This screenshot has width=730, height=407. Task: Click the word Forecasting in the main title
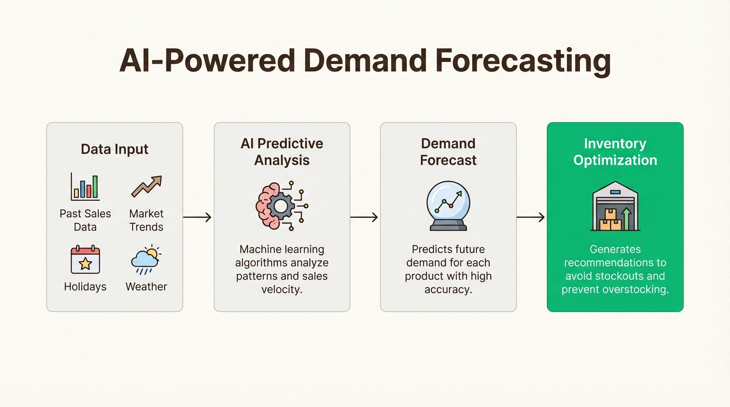523,61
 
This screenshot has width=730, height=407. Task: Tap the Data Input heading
115,149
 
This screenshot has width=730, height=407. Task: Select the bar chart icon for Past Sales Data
85,187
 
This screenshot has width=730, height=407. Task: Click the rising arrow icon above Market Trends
146,187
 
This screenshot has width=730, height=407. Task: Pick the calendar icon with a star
85,260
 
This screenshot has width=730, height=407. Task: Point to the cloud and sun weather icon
146,260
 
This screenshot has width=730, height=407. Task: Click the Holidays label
85,287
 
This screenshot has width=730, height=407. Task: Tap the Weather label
146,287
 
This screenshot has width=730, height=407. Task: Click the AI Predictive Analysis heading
282,152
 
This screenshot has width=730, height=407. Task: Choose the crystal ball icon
448,206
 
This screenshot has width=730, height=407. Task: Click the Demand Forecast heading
448,152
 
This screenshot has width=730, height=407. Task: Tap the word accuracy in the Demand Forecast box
448,289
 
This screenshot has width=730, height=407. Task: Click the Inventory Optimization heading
615,152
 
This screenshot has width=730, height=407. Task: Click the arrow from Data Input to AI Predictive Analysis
197,217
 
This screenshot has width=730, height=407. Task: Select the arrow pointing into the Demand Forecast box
364,217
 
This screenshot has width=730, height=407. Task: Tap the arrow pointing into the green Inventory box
531,217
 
